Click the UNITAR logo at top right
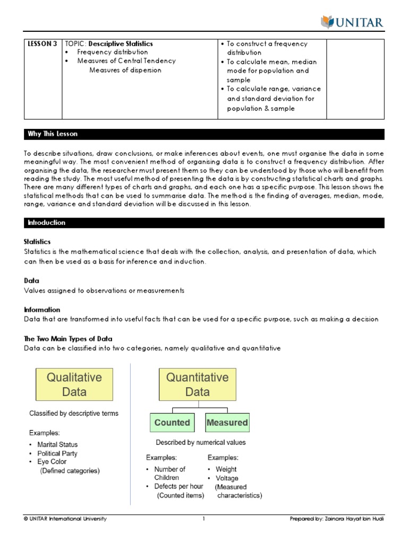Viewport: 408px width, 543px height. click(x=352, y=22)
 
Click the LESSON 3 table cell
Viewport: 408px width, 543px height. click(x=42, y=44)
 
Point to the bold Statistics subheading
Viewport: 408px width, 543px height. click(x=37, y=242)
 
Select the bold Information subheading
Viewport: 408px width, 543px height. click(x=42, y=310)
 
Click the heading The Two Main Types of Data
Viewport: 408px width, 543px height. click(x=68, y=339)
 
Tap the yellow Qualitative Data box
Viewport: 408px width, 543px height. click(x=74, y=385)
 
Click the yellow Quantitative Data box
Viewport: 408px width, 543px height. click(x=197, y=385)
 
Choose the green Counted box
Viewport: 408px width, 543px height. click(x=172, y=423)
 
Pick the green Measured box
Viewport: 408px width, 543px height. click(x=227, y=423)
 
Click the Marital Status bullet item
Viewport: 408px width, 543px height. click(x=57, y=444)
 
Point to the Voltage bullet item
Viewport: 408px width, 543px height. click(x=227, y=478)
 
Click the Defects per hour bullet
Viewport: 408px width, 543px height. click(x=178, y=486)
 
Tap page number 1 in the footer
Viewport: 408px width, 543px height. click(x=203, y=519)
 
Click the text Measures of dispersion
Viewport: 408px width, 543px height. click(x=125, y=70)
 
